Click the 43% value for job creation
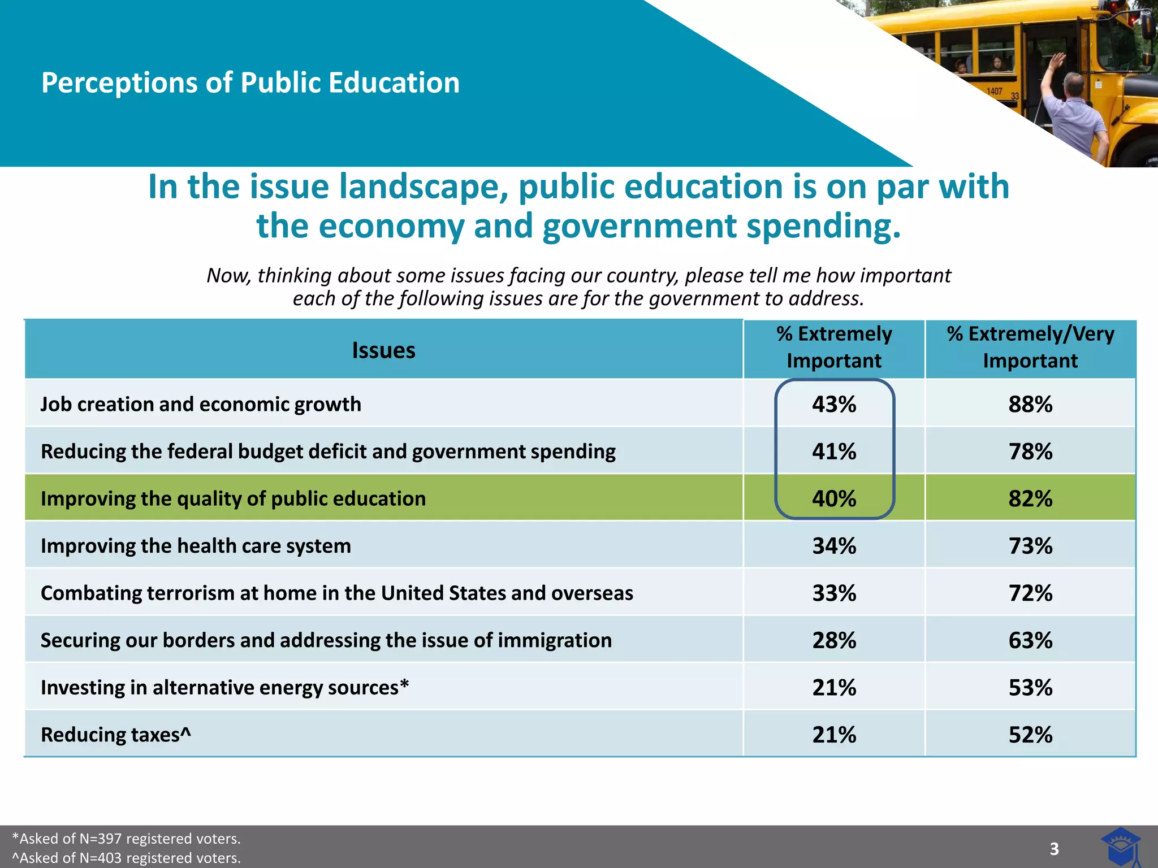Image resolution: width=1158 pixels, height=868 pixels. tap(834, 405)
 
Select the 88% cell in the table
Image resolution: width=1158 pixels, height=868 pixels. tap(1030, 405)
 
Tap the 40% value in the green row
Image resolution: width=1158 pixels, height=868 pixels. tap(834, 499)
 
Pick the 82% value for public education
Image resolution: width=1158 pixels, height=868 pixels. tap(1030, 499)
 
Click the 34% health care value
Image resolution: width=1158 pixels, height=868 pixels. tap(834, 546)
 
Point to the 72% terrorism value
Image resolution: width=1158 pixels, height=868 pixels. tap(1030, 593)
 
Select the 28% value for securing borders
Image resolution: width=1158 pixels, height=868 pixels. tap(834, 641)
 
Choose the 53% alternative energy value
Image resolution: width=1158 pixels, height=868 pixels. tap(1030, 688)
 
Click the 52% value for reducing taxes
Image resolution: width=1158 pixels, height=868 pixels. tap(1030, 735)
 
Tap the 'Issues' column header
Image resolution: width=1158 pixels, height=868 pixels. tap(383, 350)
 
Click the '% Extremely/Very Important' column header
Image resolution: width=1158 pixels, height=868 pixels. tap(1030, 347)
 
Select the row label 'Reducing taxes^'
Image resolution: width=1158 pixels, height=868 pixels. tap(116, 735)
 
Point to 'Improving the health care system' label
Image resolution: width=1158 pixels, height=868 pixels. tap(196, 546)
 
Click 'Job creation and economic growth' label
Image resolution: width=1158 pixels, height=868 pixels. tap(201, 405)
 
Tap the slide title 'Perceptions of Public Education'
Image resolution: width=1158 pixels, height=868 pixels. tap(250, 83)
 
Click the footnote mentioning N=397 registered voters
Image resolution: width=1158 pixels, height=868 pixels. tap(127, 839)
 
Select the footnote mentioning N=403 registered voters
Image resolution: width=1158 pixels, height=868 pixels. tap(127, 858)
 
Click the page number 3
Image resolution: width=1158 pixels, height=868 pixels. tap(1054, 849)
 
